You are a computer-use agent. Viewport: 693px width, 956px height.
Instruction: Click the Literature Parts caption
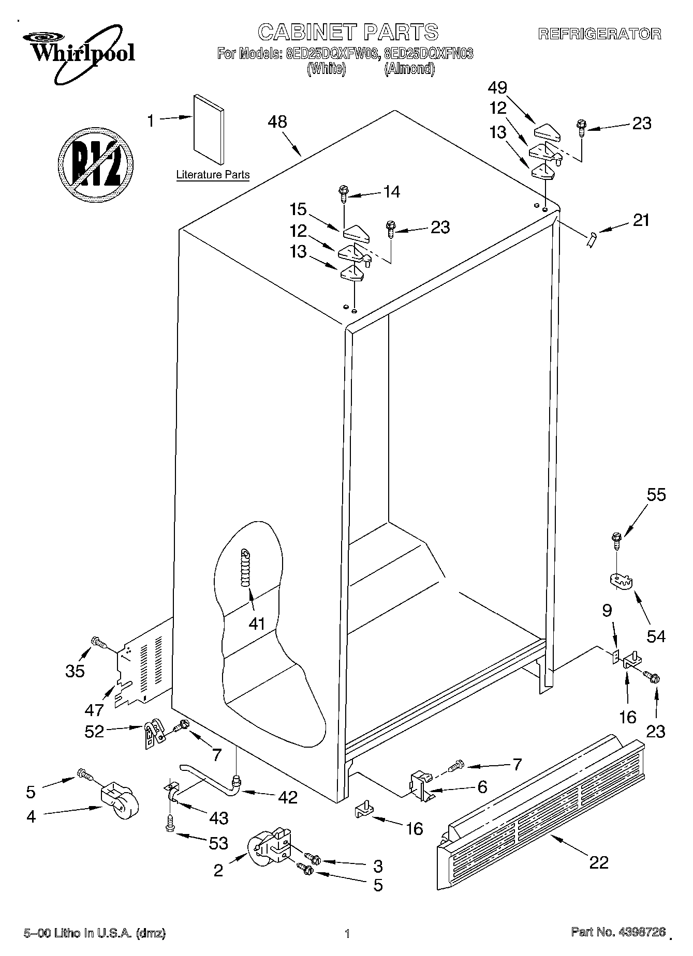tap(213, 175)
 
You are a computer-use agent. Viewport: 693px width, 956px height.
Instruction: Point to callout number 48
tap(277, 122)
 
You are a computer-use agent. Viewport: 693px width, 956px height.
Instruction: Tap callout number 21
tap(641, 220)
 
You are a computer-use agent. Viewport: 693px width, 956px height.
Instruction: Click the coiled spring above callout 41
tap(245, 567)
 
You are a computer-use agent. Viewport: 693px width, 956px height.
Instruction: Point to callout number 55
tap(656, 495)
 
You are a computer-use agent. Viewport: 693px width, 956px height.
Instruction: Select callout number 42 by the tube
tap(287, 797)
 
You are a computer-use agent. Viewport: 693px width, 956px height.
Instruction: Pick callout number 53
tap(218, 843)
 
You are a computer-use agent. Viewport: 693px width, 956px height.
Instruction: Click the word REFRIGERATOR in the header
tap(600, 34)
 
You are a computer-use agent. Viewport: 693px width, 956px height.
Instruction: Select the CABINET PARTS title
tap(348, 32)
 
